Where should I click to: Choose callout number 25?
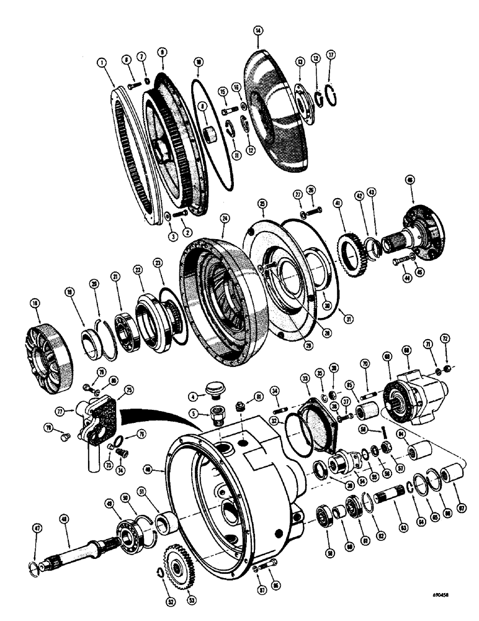(x=262, y=204)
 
